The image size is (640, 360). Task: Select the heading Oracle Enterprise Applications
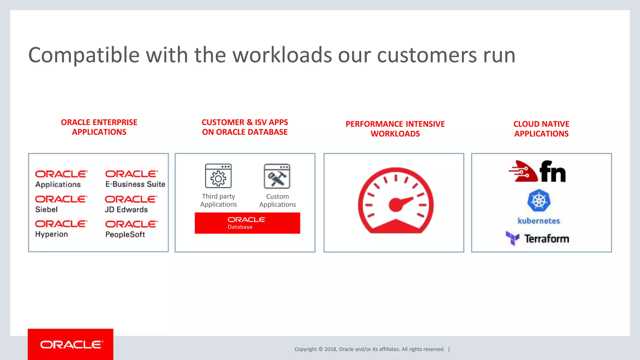[x=99, y=127]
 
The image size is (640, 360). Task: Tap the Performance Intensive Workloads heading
[x=395, y=129]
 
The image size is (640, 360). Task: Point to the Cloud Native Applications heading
[x=541, y=129]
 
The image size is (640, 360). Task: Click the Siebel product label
[x=47, y=209]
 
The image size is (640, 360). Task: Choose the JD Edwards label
[x=126, y=209]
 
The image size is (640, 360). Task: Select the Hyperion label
[x=52, y=234]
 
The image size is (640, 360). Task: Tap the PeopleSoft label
[x=125, y=234]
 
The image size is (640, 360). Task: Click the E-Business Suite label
[x=135, y=184]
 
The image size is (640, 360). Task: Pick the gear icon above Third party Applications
[x=218, y=176]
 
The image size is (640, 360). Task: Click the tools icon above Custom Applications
[x=277, y=176]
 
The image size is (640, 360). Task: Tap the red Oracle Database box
[x=247, y=223]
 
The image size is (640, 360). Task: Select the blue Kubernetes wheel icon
[x=539, y=200]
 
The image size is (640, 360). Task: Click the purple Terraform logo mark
[x=512, y=238]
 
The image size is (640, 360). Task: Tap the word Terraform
[x=547, y=239]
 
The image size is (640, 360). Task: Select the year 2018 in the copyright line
[x=330, y=349]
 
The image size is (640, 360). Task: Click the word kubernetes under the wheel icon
[x=539, y=221]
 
